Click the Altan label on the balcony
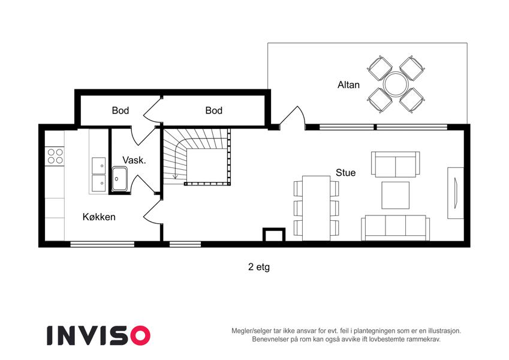[x=348, y=85]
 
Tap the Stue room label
[x=345, y=173]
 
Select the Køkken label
[x=99, y=217]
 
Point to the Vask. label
[x=134, y=160]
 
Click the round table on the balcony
[x=396, y=84]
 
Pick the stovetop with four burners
[x=55, y=156]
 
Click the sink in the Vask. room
[x=119, y=179]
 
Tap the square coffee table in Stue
[x=395, y=195]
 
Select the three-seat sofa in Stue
[x=395, y=228]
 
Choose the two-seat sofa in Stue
[x=395, y=164]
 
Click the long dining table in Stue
[x=316, y=208]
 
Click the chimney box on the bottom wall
[x=273, y=235]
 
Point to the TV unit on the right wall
[x=456, y=193]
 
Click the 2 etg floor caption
[x=259, y=267]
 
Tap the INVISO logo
[x=98, y=335]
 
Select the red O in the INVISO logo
[x=140, y=335]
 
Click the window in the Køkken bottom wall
[x=103, y=244]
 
